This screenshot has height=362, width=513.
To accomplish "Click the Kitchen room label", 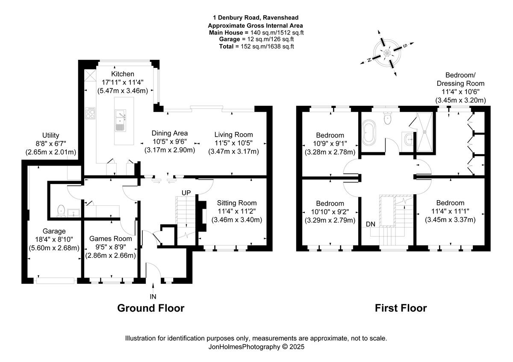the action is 123,74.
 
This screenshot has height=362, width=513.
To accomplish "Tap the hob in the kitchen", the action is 90,114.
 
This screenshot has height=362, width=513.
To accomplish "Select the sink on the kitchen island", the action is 121,120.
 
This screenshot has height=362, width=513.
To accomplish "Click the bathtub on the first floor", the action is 369,131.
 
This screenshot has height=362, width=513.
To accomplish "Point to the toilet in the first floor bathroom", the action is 387,118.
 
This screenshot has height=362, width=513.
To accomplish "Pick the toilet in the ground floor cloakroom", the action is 61,210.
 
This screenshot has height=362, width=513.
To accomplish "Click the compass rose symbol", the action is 387,53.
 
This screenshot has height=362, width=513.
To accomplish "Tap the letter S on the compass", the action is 405,46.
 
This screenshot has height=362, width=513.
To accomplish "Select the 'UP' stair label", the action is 186,193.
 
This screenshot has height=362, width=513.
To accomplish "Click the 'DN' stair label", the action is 370,224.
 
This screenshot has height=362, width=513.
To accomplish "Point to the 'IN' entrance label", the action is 153,297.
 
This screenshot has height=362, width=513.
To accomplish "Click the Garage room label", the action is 54,231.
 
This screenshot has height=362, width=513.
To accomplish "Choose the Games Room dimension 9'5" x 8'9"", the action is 110,247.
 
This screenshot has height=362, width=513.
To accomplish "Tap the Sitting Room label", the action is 237,203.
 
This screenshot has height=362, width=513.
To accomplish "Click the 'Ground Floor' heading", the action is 150,308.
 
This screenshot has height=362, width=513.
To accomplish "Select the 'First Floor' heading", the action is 401,308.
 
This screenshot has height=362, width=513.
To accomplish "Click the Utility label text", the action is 50,135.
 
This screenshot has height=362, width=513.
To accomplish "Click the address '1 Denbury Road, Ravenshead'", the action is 256,18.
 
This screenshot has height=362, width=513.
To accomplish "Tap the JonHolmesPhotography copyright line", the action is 256,347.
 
